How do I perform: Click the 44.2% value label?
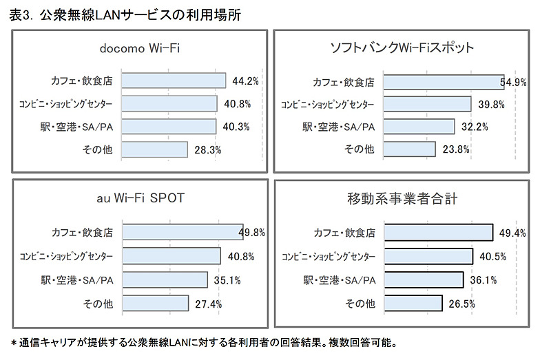pyautogui.click(x=245, y=81)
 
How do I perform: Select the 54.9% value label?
pyautogui.click(x=514, y=82)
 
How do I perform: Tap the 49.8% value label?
pyautogui.click(x=252, y=233)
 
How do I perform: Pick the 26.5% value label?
pyautogui.click(x=461, y=303)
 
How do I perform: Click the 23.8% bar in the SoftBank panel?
pyautogui.click(x=409, y=149)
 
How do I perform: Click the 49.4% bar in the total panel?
pyautogui.click(x=438, y=233)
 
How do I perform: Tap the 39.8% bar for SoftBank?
pyautogui.click(x=427, y=104)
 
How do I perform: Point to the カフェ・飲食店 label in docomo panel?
pyautogui.click(x=81, y=81)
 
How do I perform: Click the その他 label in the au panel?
pyautogui.click(x=98, y=303)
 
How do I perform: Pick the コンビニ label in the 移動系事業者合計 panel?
pyautogui.click(x=329, y=257)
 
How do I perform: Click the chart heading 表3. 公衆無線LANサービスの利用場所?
pyautogui.click(x=126, y=15)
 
